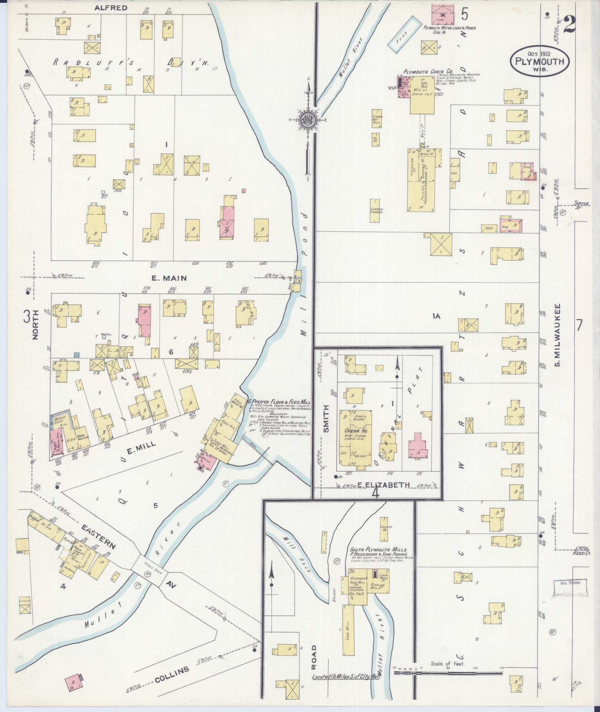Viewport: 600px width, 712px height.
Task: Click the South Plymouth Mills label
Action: pos(378,549)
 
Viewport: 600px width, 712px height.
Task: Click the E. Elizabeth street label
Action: pos(384,485)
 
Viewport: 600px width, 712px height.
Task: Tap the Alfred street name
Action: pos(106,7)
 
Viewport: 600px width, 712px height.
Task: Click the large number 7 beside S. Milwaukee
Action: pos(579,325)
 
